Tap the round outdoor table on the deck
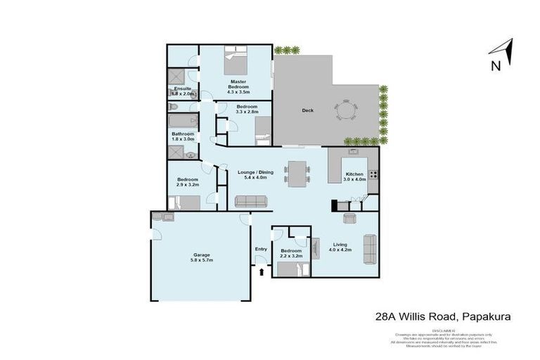pyautogui.click(x=345, y=112)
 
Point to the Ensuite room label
pyautogui.click(x=183, y=91)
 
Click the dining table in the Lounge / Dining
pyautogui.click(x=297, y=172)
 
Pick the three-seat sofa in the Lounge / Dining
pyautogui.click(x=252, y=202)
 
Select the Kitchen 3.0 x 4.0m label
pyautogui.click(x=354, y=176)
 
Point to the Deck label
pyautogui.click(x=307, y=110)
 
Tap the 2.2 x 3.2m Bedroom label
pyautogui.click(x=291, y=253)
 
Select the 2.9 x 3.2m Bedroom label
pyautogui.click(x=188, y=182)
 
